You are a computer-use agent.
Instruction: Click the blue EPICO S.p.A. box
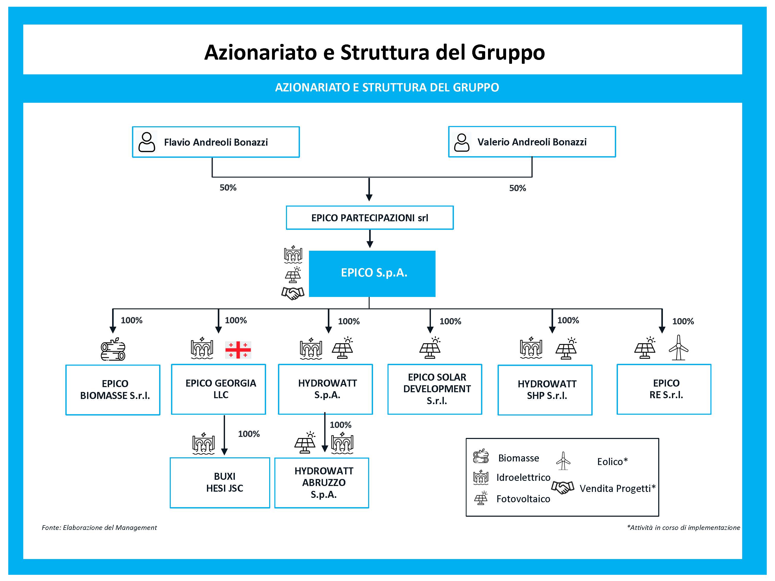click(x=372, y=273)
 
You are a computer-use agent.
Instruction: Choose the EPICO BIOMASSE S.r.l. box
click(x=113, y=390)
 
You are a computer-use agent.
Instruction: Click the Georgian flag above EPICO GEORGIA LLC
click(x=238, y=350)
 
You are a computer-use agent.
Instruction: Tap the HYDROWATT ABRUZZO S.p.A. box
click(x=322, y=483)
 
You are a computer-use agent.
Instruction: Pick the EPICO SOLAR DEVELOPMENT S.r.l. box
click(x=435, y=389)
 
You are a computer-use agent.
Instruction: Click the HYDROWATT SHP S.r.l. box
click(x=545, y=390)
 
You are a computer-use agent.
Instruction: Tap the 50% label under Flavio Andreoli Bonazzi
click(x=228, y=188)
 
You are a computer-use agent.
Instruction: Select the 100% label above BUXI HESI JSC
click(x=249, y=434)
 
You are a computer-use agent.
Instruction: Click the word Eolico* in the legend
click(x=612, y=462)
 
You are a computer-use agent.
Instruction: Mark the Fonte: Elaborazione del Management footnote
click(x=99, y=527)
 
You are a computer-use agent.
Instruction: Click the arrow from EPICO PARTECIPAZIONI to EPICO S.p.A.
click(x=370, y=239)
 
